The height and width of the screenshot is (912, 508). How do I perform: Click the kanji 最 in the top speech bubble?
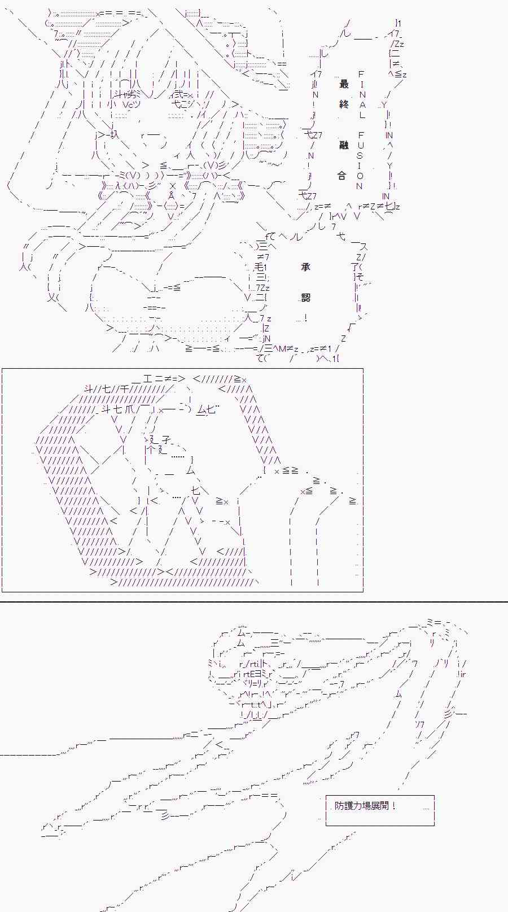[x=344, y=84]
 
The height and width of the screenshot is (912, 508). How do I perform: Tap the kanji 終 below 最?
[x=344, y=104]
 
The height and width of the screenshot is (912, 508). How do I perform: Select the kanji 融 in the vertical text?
[x=344, y=145]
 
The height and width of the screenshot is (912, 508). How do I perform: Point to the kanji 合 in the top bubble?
[x=341, y=176]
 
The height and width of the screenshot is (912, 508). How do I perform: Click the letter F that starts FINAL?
[x=361, y=74]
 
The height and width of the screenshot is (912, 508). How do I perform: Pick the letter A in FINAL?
[x=362, y=104]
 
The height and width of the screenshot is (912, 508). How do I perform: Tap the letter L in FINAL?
[x=362, y=115]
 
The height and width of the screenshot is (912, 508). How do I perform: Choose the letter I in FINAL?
[x=362, y=84]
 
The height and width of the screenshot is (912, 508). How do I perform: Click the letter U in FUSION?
[x=360, y=145]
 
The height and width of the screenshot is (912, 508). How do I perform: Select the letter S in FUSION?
[x=360, y=155]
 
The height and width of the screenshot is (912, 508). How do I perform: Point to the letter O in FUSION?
[x=360, y=176]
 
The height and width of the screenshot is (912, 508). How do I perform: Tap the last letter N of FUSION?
[x=359, y=186]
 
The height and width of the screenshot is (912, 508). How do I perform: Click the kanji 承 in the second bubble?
[x=306, y=267]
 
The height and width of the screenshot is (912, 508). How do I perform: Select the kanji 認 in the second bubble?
[x=306, y=297]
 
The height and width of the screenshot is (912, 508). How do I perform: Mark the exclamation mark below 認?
[x=305, y=318]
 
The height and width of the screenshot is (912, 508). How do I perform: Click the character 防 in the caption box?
[x=339, y=806]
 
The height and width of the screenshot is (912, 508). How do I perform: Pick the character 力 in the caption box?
[x=357, y=806]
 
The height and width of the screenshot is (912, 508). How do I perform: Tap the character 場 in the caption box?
[x=366, y=806]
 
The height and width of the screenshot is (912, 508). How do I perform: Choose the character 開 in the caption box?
[x=384, y=806]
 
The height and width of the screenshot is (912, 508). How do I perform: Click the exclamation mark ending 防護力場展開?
[x=393, y=806]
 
